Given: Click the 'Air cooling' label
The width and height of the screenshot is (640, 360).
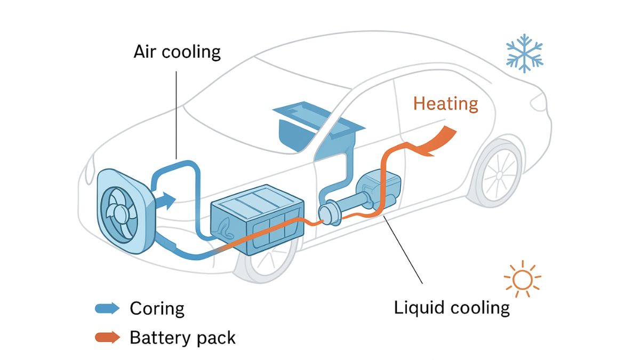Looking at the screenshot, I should tap(177, 52).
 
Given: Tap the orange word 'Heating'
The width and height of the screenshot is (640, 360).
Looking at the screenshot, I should tap(445, 103).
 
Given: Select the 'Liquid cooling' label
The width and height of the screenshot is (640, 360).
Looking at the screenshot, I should tap(451, 308).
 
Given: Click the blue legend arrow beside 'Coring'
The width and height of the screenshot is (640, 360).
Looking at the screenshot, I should tap(107, 308).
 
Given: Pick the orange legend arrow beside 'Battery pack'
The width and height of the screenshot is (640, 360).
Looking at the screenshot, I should tap(107, 337).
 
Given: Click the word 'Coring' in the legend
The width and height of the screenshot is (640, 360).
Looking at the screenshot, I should tap(157, 308).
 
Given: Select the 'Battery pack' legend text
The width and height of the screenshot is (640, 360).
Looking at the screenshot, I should tap(182, 337).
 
